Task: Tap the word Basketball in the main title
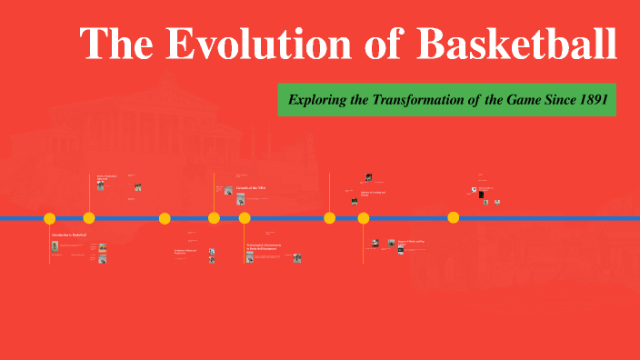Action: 517,45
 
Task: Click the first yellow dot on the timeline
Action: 50,218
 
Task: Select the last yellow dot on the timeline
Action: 454,218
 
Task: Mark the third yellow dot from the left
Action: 165,218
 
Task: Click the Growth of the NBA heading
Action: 252,188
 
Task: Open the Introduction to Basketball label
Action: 69,235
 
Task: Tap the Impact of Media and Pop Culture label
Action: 411,242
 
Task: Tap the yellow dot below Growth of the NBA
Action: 245,218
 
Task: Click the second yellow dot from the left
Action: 89,218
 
